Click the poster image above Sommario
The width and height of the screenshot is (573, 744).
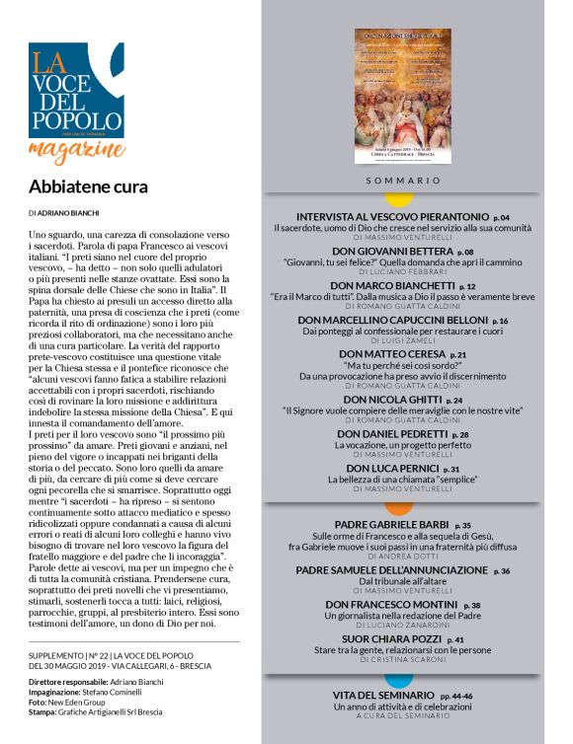tap(402, 97)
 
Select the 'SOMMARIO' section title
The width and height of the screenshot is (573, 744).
tap(403, 182)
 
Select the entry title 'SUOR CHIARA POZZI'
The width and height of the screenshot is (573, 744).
tap(389, 639)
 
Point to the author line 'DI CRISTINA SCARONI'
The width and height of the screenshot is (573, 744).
tap(402, 660)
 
